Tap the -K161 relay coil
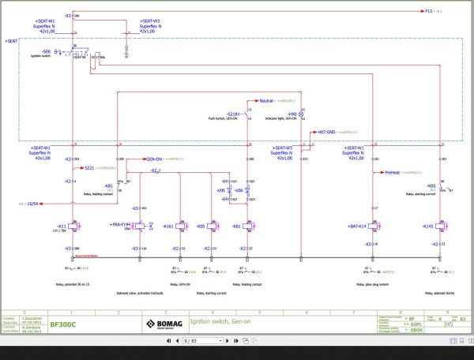click(181, 227)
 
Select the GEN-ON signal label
click(153, 159)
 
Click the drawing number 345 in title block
click(447, 324)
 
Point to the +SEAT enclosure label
click(11, 40)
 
